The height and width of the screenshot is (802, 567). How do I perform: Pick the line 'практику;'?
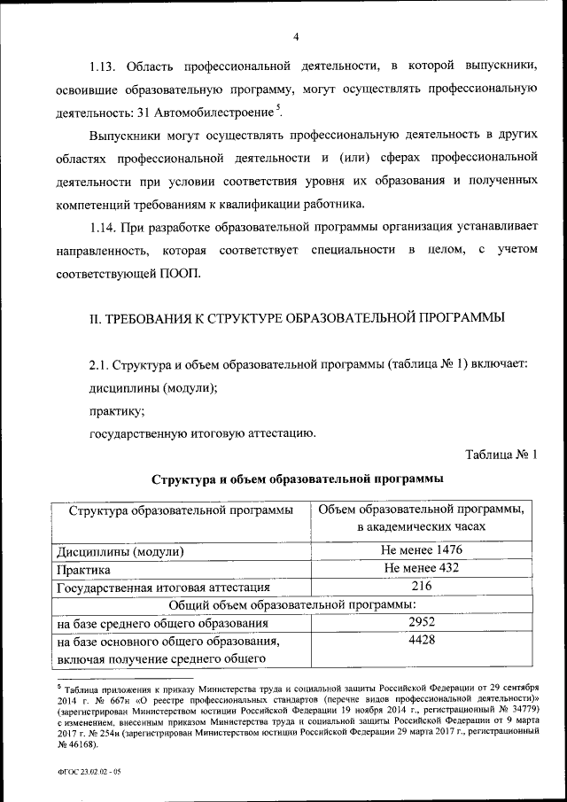[116, 411]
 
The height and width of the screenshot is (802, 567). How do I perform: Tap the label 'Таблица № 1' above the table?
[501, 456]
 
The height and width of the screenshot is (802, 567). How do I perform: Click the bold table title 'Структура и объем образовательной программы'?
[297, 479]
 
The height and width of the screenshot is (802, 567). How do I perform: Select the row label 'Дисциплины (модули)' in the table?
[120, 552]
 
